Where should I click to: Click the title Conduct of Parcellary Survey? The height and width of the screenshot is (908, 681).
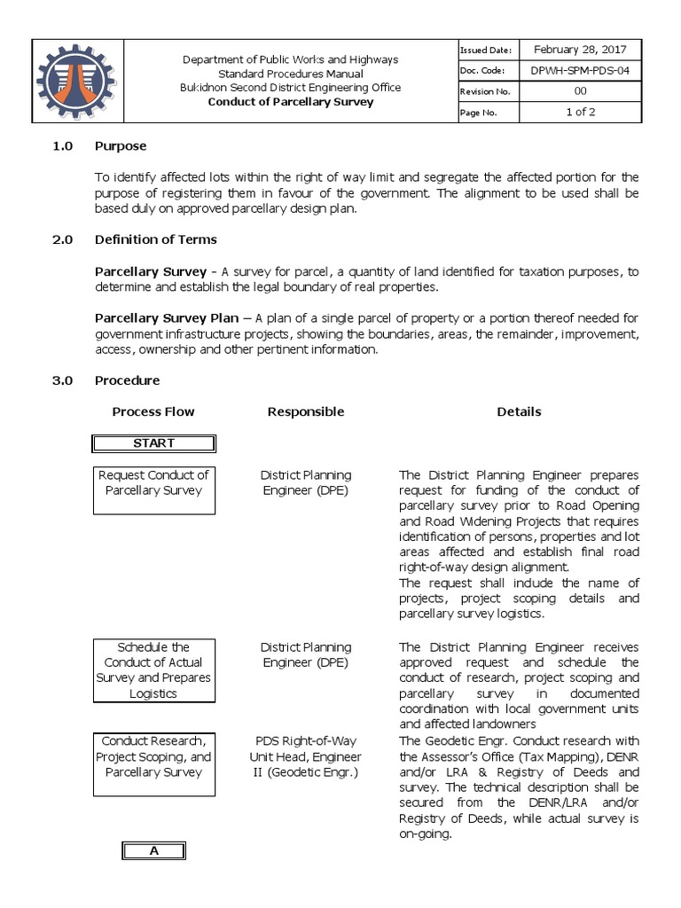click(291, 102)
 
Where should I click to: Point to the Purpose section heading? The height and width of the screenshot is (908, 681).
click(121, 145)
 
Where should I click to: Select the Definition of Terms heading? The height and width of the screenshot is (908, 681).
click(155, 239)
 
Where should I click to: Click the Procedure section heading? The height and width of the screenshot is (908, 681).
click(127, 380)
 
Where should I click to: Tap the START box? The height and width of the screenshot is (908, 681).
click(153, 442)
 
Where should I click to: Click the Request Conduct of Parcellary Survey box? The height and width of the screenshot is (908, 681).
click(153, 489)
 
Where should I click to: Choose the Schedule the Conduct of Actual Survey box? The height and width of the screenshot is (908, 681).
click(153, 669)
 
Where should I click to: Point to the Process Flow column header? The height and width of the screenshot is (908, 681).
click(153, 411)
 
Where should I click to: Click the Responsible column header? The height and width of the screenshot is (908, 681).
click(305, 411)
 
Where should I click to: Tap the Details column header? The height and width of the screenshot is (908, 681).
click(519, 411)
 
